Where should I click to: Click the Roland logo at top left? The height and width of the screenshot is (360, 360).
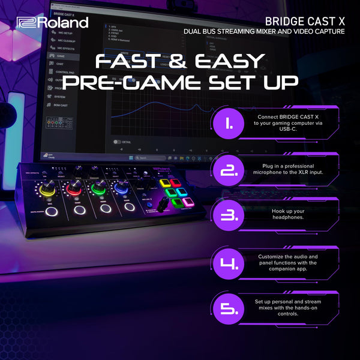(x=53, y=22)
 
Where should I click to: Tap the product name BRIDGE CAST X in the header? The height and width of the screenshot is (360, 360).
(x=304, y=21)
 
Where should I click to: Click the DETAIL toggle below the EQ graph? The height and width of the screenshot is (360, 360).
(x=119, y=142)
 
